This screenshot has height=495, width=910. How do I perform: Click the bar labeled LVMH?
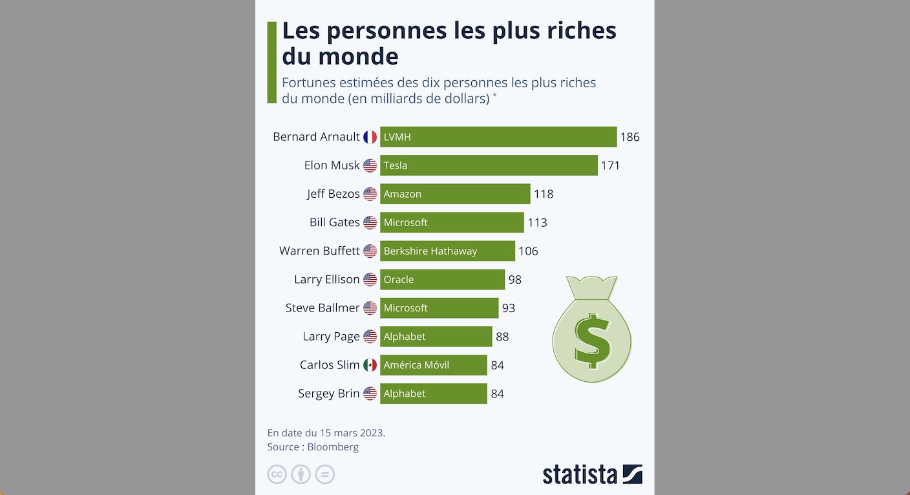pyautogui.click(x=498, y=137)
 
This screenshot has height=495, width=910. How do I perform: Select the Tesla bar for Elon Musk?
pyautogui.click(x=488, y=165)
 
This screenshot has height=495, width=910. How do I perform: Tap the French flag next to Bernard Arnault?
pyautogui.click(x=370, y=137)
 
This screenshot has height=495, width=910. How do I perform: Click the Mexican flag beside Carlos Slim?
pyautogui.click(x=370, y=365)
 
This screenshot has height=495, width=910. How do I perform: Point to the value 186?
pyautogui.click(x=630, y=137)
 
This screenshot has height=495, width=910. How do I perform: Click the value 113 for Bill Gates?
pyautogui.click(x=537, y=222)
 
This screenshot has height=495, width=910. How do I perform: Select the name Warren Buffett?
pyautogui.click(x=319, y=251)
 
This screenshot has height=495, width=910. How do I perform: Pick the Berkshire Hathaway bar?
pyautogui.click(x=447, y=251)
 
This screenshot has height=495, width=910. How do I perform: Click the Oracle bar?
pyautogui.click(x=442, y=279)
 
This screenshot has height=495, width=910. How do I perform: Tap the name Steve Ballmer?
pyautogui.click(x=322, y=308)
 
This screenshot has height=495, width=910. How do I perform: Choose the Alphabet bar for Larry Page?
pyautogui.click(x=436, y=337)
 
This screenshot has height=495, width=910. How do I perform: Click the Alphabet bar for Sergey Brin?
pyautogui.click(x=433, y=394)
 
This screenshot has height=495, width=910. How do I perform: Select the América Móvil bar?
pyautogui.click(x=433, y=365)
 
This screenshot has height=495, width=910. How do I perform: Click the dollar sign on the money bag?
pyautogui.click(x=592, y=341)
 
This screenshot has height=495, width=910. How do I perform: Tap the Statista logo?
pyautogui.click(x=592, y=474)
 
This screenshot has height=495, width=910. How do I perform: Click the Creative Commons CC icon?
pyautogui.click(x=277, y=474)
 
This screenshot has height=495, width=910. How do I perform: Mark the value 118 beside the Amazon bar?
pyautogui.click(x=543, y=194)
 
